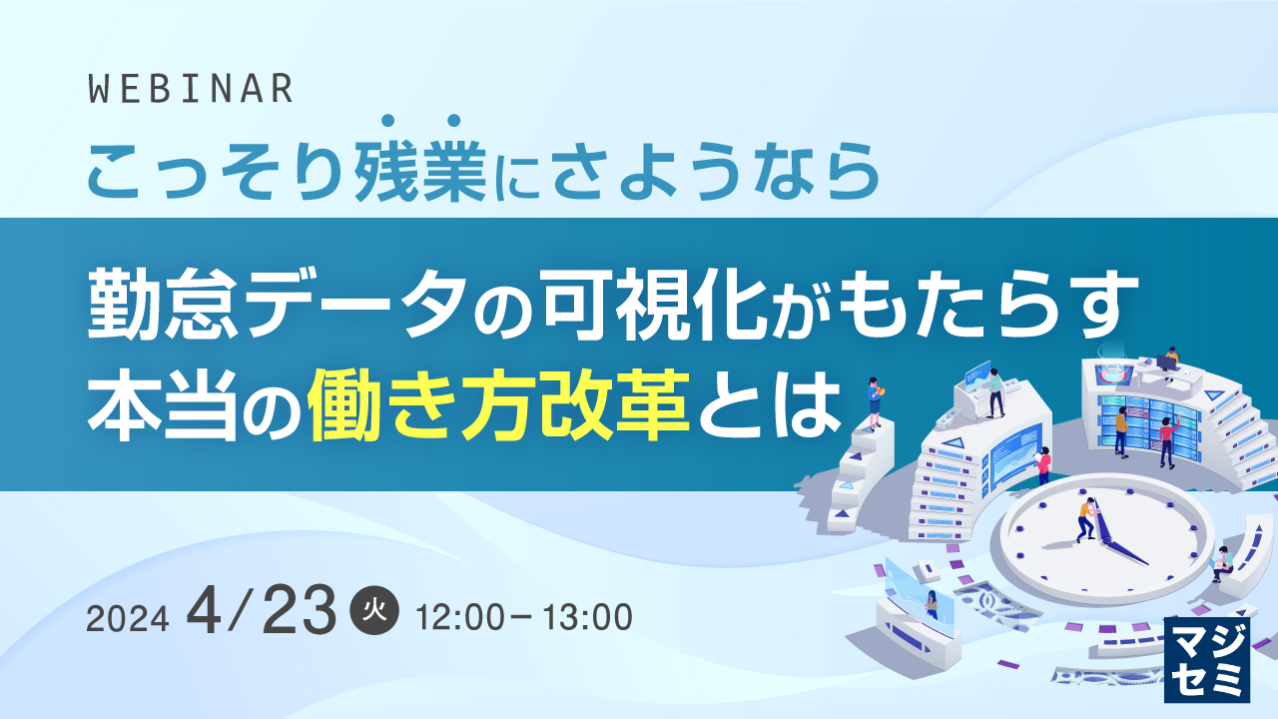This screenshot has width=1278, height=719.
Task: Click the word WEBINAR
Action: [x=191, y=90]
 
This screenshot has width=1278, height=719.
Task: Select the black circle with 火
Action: [x=375, y=610]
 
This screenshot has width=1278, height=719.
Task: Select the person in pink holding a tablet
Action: [x=1044, y=465]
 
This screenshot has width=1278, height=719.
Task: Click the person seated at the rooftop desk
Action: [x=1172, y=356]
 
